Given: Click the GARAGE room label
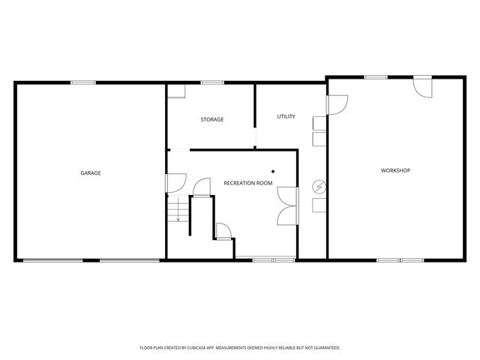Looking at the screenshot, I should pos(91,173).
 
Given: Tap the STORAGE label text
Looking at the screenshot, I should pos(211,119).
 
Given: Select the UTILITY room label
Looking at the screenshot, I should pos(286,116).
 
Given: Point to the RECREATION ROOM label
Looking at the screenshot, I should pos(247,182).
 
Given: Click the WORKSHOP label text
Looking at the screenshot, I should pos(395,170).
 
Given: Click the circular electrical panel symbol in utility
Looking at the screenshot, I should pos(319,186).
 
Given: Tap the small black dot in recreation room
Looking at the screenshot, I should pos(274,171).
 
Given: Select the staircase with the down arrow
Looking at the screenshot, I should pos(177,211).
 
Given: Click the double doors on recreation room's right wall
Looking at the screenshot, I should pos(286,206).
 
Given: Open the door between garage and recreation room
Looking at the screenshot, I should pos(175,181).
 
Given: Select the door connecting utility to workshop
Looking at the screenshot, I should pos(337,105).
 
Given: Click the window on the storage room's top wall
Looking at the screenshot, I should pos(212,82).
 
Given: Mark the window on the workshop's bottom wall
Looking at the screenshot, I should pos(390,260).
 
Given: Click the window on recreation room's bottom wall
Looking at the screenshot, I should pos(263,260).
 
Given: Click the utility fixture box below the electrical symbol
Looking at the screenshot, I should pos(319,203).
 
